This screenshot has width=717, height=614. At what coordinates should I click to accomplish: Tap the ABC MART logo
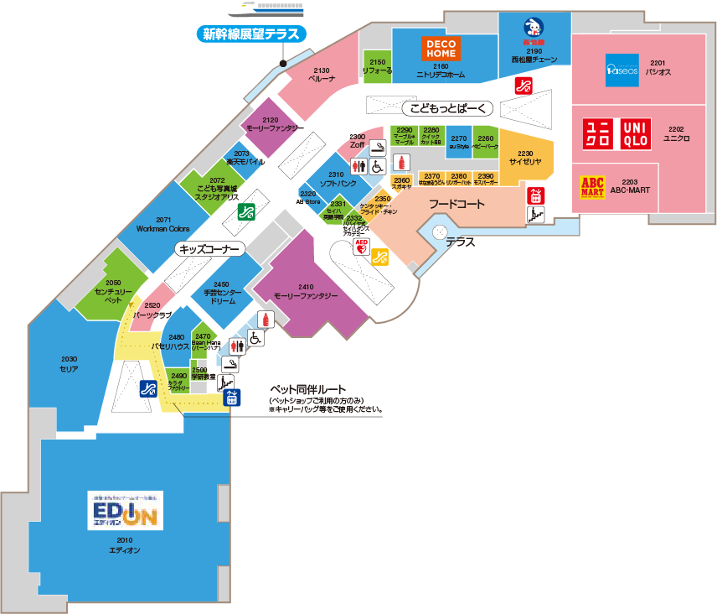point(593,186)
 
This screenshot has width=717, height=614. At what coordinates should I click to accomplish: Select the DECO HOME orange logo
point(440,49)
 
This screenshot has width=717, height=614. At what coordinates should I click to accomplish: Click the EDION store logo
point(125,510)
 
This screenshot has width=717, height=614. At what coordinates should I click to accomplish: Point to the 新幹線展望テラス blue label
point(251,34)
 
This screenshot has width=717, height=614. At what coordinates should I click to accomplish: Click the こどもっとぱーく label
point(449,108)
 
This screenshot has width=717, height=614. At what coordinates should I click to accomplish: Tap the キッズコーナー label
point(209,249)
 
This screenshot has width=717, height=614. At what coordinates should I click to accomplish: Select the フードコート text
point(457,204)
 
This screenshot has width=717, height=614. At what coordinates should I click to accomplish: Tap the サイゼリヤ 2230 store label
point(526,158)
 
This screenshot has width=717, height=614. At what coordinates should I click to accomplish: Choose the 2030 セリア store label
point(69,364)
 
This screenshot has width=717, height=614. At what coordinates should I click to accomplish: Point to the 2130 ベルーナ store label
point(322,74)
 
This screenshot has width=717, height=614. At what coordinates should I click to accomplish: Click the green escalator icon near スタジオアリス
point(246,211)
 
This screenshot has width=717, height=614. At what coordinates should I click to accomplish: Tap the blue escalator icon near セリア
point(148,388)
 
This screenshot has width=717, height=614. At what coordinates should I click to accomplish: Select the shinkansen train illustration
point(264,9)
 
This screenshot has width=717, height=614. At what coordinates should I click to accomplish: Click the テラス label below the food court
point(460,242)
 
